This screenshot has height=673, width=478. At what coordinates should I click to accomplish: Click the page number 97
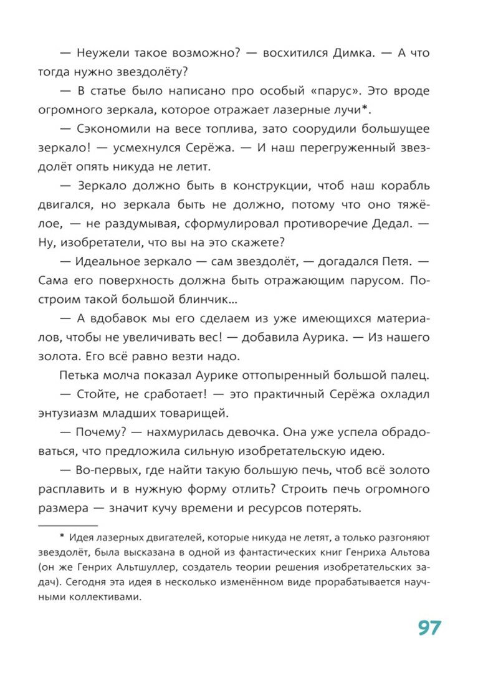pos(429,627)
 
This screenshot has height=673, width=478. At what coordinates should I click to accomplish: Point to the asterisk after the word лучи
pos(369,109)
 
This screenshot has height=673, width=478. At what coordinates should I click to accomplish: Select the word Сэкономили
pos(115,130)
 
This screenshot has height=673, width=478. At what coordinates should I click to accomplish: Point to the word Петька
pos(80,375)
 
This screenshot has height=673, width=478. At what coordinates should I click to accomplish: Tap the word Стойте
pos(102,394)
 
